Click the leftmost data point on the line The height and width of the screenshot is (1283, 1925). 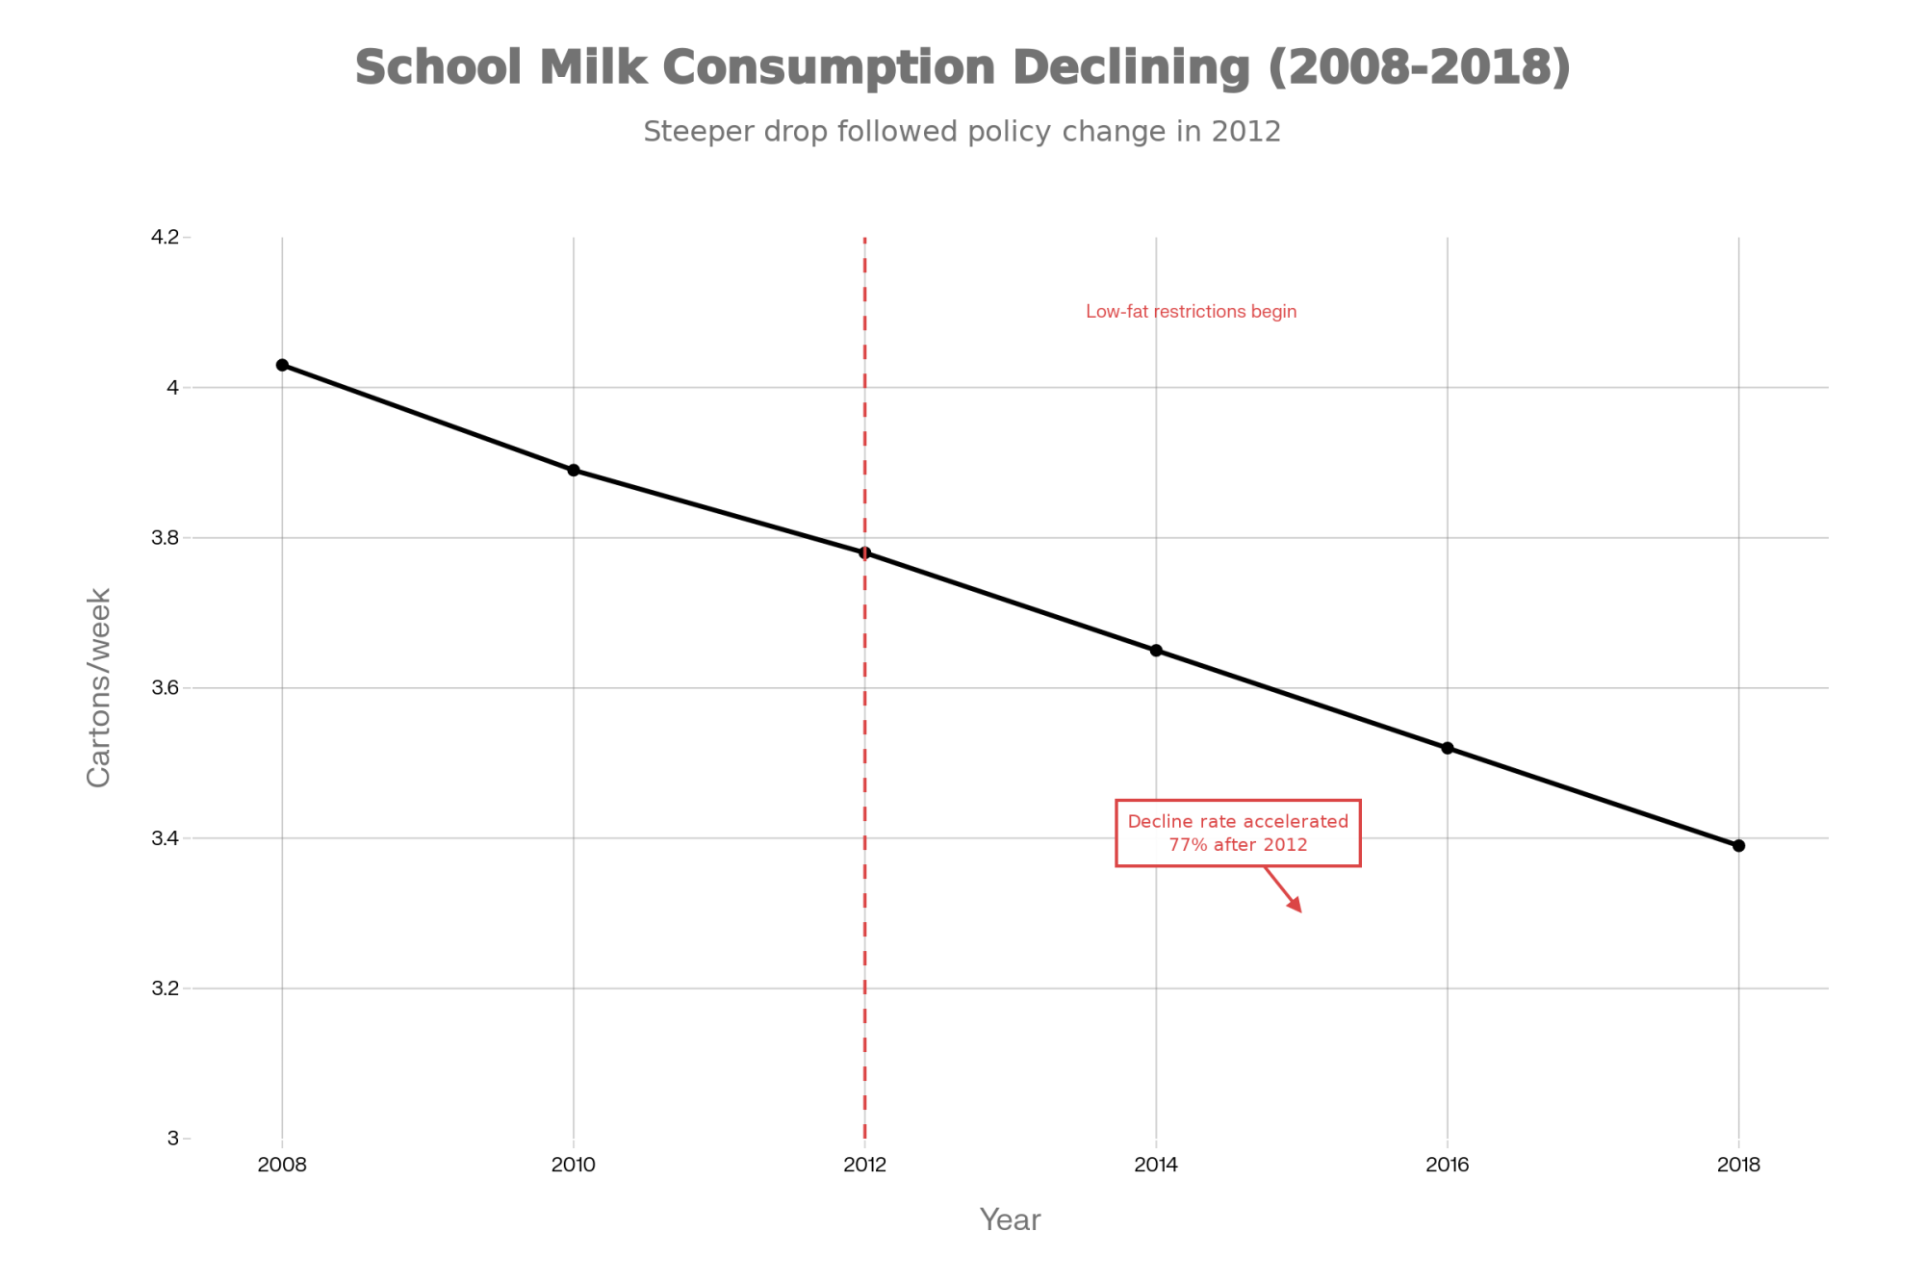coord(282,365)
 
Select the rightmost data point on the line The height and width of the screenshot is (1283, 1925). coord(1738,845)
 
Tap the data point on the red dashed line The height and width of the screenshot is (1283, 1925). coord(864,552)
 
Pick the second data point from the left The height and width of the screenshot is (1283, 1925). coord(574,470)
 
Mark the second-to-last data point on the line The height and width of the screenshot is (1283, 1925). coord(1447,748)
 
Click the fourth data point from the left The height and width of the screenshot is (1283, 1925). coord(1156,651)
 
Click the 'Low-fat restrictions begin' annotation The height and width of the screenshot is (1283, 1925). coord(1191,312)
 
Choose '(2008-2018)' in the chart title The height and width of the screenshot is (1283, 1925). coord(1419,67)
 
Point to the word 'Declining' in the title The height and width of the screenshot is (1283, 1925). coord(1130,67)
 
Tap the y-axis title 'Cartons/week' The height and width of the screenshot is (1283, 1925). coord(99,687)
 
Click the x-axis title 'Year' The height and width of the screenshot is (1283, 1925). coord(1010,1220)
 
